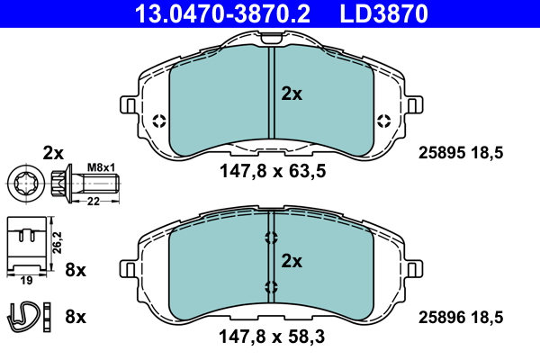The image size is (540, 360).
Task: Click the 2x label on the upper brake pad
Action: click(x=292, y=93)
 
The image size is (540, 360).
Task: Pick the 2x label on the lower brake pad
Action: click(x=292, y=261)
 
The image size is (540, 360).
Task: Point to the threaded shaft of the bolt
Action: click(x=101, y=184)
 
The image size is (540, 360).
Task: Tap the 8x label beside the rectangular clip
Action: click(x=76, y=269)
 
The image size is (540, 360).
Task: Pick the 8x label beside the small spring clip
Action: click(x=76, y=316)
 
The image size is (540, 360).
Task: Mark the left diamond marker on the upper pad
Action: click(x=159, y=121)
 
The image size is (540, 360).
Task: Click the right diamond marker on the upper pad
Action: click(x=383, y=121)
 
